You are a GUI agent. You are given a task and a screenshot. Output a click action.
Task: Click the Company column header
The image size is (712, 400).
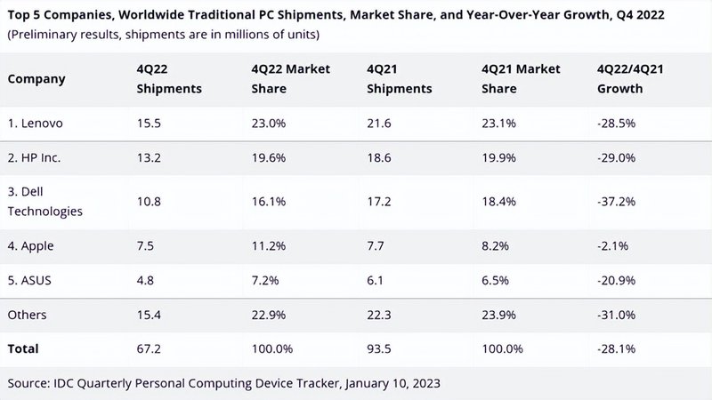(x=36, y=78)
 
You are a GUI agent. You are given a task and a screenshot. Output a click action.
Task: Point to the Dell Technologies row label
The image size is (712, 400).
(x=44, y=202)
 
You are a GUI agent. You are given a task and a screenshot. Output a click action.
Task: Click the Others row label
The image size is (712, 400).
(x=28, y=316)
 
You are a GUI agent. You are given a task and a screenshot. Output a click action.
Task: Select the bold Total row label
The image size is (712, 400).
(x=23, y=349)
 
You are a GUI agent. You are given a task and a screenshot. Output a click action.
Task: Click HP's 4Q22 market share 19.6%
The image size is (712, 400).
(x=267, y=156)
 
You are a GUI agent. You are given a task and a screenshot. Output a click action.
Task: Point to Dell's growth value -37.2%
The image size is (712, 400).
(x=616, y=202)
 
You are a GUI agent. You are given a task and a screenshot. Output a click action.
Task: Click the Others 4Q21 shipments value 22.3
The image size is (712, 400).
(x=379, y=316)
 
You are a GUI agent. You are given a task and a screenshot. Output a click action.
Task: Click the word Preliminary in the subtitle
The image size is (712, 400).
(x=44, y=35)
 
